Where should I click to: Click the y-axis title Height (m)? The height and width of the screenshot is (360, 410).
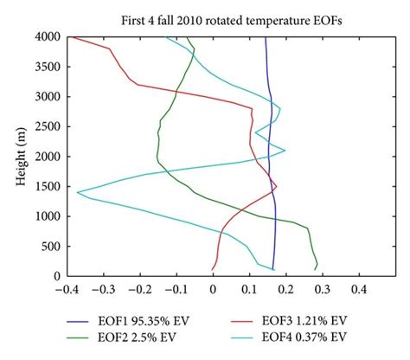click(x=19, y=157)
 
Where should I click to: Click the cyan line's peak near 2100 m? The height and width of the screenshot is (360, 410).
click(x=285, y=151)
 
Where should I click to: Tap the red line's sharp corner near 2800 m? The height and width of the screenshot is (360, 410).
click(x=252, y=108)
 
